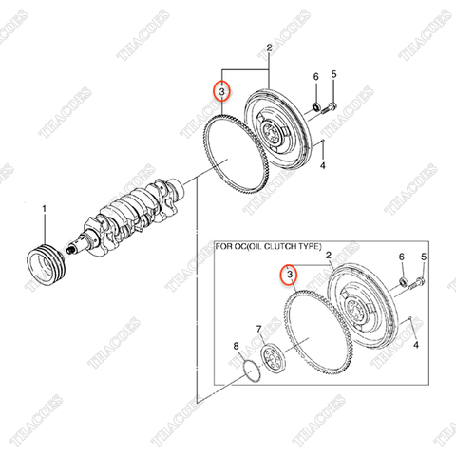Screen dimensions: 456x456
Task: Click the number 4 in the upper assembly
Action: pyautogui.click(x=324, y=166)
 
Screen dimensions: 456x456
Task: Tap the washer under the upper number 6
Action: pyautogui.click(x=314, y=104)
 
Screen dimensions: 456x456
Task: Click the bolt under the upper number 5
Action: pyautogui.click(x=330, y=106)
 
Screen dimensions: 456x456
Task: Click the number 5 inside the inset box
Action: pyautogui.click(x=423, y=257)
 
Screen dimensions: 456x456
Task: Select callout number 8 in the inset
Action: pyautogui.click(x=237, y=345)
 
